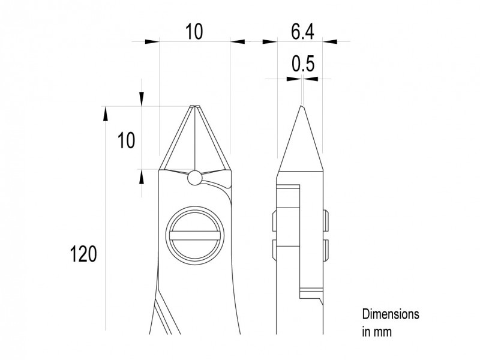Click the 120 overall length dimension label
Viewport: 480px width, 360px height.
point(83,254)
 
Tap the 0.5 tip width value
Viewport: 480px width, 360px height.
point(303,64)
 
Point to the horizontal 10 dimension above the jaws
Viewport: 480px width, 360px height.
point(194,31)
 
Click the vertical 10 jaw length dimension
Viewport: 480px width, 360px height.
point(126,140)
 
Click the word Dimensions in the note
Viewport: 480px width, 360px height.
point(391,314)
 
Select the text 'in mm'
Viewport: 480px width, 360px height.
point(377,332)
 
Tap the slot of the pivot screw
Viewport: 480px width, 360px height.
point(194,236)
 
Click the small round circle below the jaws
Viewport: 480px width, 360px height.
point(194,178)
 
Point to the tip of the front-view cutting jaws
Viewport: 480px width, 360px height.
point(194,106)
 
